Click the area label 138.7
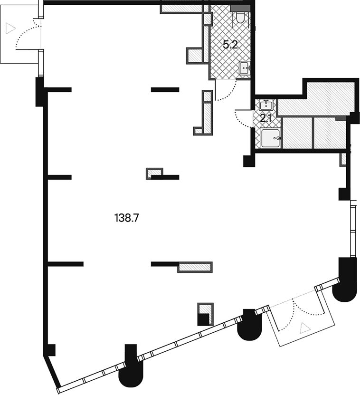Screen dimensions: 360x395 tap(127, 218)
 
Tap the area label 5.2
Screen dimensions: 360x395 tap(230, 45)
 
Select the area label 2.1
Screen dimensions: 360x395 tap(265, 118)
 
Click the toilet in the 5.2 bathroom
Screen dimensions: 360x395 tap(240, 18)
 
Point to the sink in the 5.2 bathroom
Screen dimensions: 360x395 tap(245, 68)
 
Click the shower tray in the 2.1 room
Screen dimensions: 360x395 tap(271, 138)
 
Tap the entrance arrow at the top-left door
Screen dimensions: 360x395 tap(10, 28)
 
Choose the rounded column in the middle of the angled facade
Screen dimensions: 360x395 tap(249, 325)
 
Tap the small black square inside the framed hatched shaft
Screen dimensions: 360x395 tap(203, 319)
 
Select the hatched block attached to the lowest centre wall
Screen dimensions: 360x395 tap(195, 267)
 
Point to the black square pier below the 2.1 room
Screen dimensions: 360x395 tap(249, 161)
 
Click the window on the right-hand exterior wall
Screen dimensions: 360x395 tap(353, 231)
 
